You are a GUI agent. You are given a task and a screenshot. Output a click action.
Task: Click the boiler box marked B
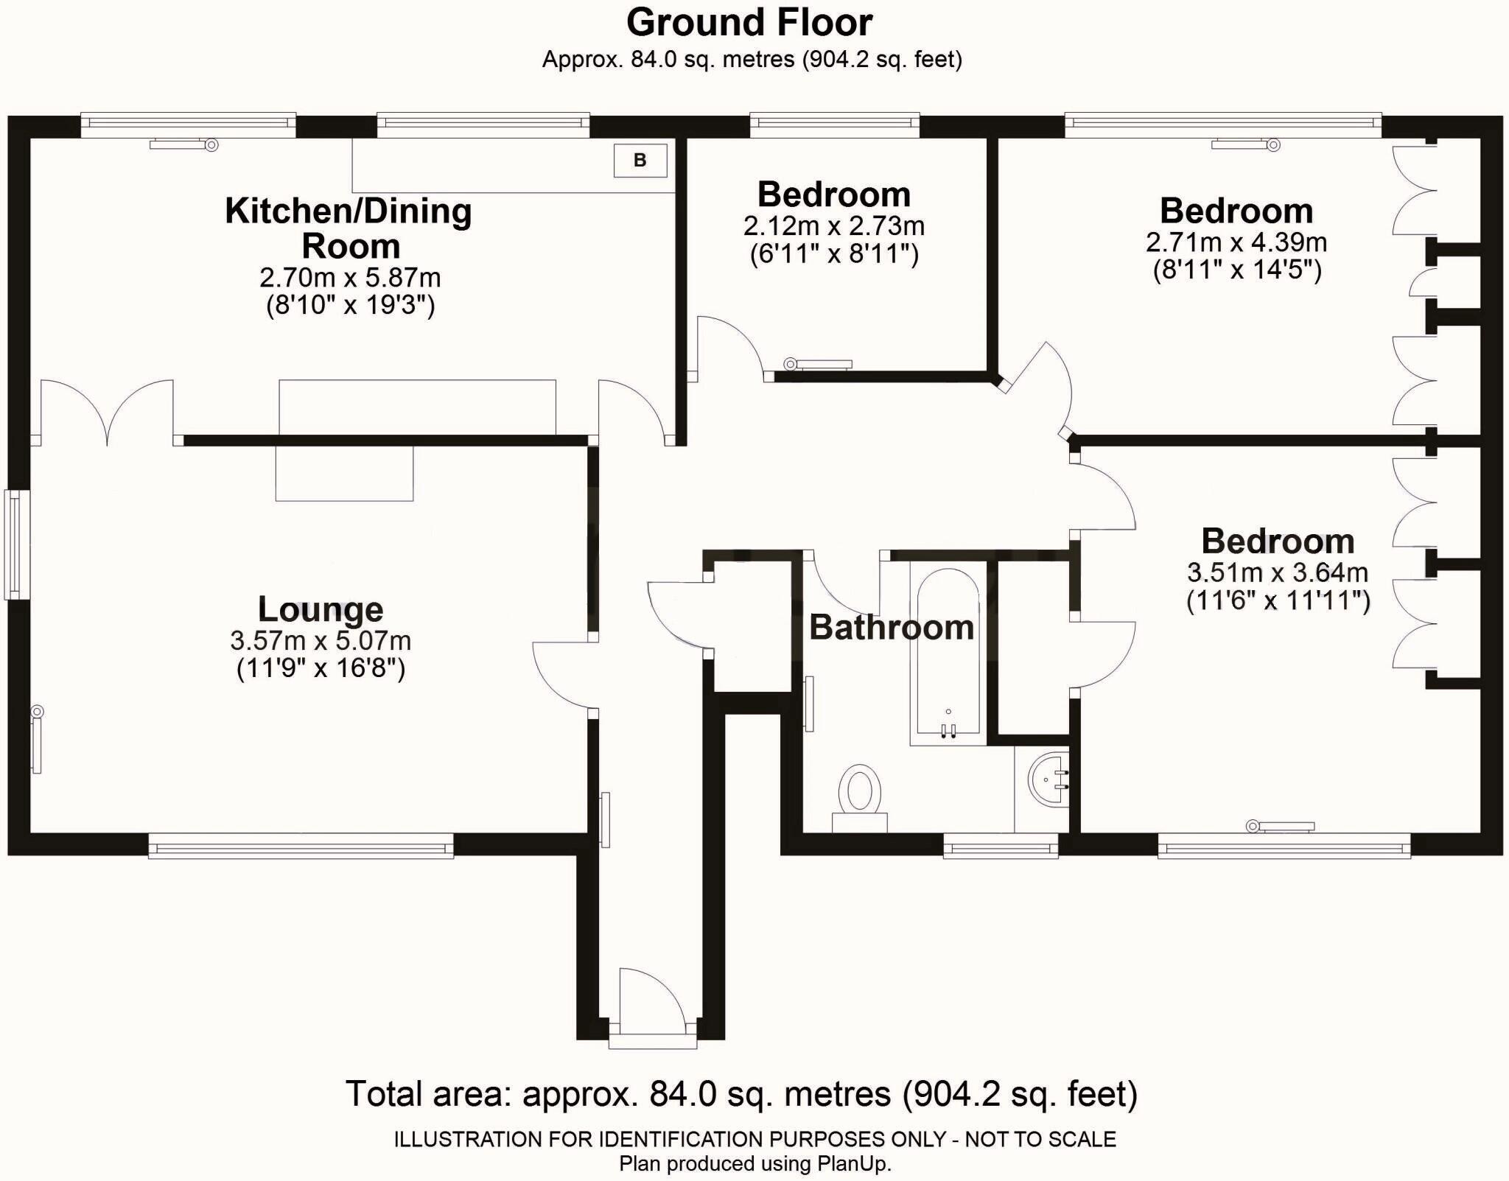pos(640,161)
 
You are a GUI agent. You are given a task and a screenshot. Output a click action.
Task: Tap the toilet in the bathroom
pos(859,799)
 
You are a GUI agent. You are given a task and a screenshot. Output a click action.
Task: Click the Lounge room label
pos(321,609)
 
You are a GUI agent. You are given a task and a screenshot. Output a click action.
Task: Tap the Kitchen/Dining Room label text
pos(349,228)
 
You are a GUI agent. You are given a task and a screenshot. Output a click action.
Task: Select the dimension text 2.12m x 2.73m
pos(834,225)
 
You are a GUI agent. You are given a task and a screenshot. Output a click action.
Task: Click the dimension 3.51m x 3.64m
pos(1278,572)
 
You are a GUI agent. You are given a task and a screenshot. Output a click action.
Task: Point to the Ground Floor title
pos(749,22)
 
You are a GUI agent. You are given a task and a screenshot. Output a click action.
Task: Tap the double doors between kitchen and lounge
pos(107,413)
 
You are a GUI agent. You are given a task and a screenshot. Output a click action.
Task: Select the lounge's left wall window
pos(15,544)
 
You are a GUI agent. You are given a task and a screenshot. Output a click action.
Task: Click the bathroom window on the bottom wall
pos(1001,847)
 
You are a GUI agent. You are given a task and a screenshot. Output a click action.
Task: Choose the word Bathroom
pos(892,628)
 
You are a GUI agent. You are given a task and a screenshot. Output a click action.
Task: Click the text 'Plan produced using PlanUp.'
pos(755,1164)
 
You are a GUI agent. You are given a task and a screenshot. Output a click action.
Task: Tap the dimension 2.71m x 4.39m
pos(1236,242)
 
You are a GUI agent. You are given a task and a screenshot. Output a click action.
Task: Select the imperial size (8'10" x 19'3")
pos(351,305)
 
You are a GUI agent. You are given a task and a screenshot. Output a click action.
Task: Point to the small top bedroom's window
pos(835,125)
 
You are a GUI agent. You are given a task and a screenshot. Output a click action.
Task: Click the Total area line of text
pos(742,1094)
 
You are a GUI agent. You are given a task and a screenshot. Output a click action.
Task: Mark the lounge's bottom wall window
pos(301,846)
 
